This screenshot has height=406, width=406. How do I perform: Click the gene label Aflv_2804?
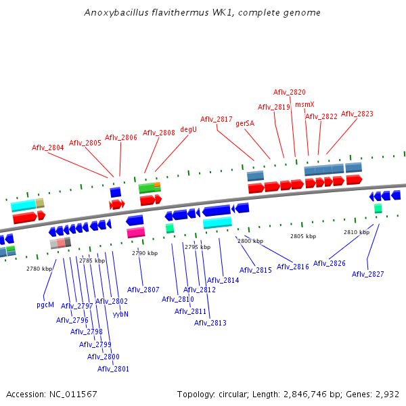(48, 148)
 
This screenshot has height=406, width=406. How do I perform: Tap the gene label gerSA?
(245, 124)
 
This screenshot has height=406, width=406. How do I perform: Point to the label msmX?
(304, 104)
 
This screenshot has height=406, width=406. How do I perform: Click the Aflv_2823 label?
(357, 114)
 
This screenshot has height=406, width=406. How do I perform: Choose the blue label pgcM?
(45, 304)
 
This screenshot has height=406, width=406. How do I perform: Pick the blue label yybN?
(121, 314)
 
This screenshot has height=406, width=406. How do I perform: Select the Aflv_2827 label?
(367, 274)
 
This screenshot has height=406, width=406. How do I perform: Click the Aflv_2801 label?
(113, 369)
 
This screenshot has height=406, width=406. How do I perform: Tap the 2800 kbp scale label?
(249, 242)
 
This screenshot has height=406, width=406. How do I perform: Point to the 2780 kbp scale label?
(39, 269)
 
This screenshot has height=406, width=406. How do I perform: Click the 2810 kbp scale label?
(357, 232)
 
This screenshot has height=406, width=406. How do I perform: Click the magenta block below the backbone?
(135, 232)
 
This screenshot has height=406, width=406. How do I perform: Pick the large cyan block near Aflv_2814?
(217, 223)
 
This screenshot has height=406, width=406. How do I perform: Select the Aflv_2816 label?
(292, 267)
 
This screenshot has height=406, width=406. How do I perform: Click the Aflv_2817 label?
(216, 119)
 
